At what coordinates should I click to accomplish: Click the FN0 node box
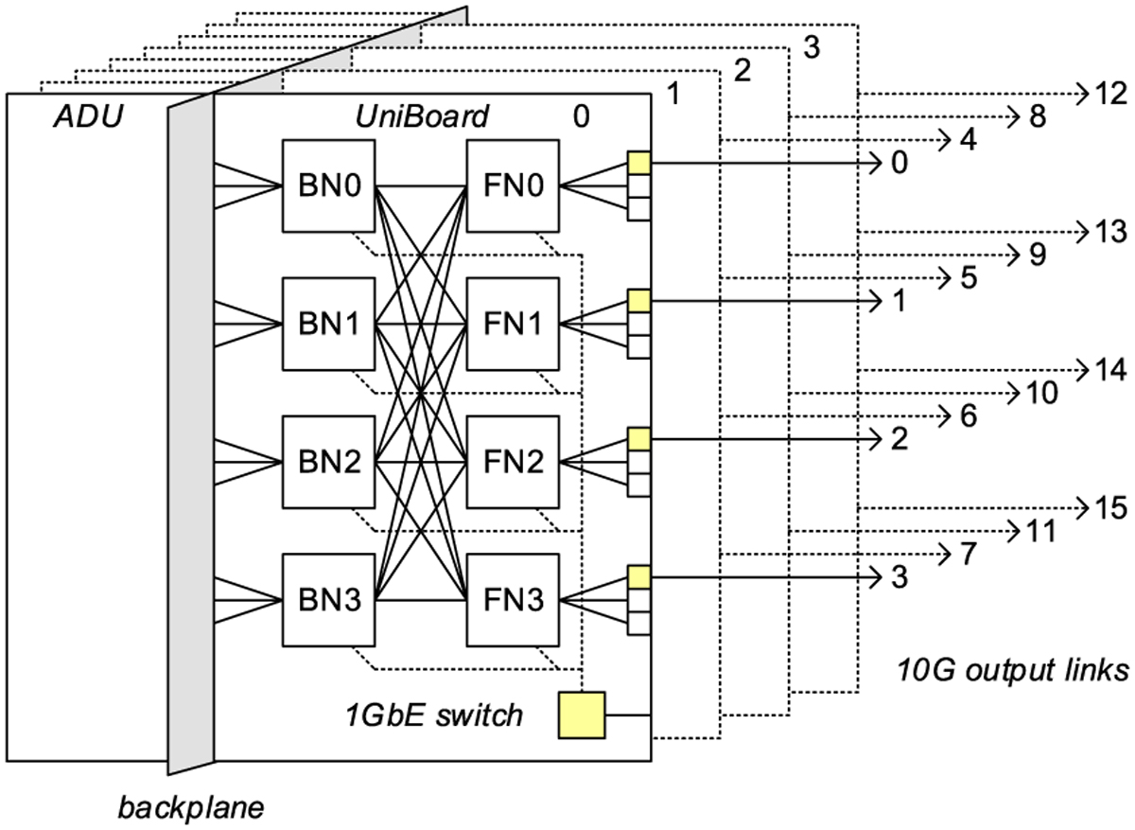[x=514, y=185]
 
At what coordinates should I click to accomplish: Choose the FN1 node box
[x=514, y=324]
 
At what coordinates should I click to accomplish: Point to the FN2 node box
[x=514, y=462]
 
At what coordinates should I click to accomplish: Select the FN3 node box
[x=514, y=600]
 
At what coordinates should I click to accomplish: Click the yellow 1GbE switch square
[x=582, y=715]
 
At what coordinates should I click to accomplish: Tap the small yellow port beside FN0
[x=638, y=164]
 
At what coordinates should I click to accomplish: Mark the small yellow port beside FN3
[x=638, y=577]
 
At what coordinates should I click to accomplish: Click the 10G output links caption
[x=1011, y=670]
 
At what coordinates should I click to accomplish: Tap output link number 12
[x=1109, y=94]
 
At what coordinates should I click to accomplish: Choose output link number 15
[x=1109, y=507]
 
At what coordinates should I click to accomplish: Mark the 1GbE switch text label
[x=434, y=714]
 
